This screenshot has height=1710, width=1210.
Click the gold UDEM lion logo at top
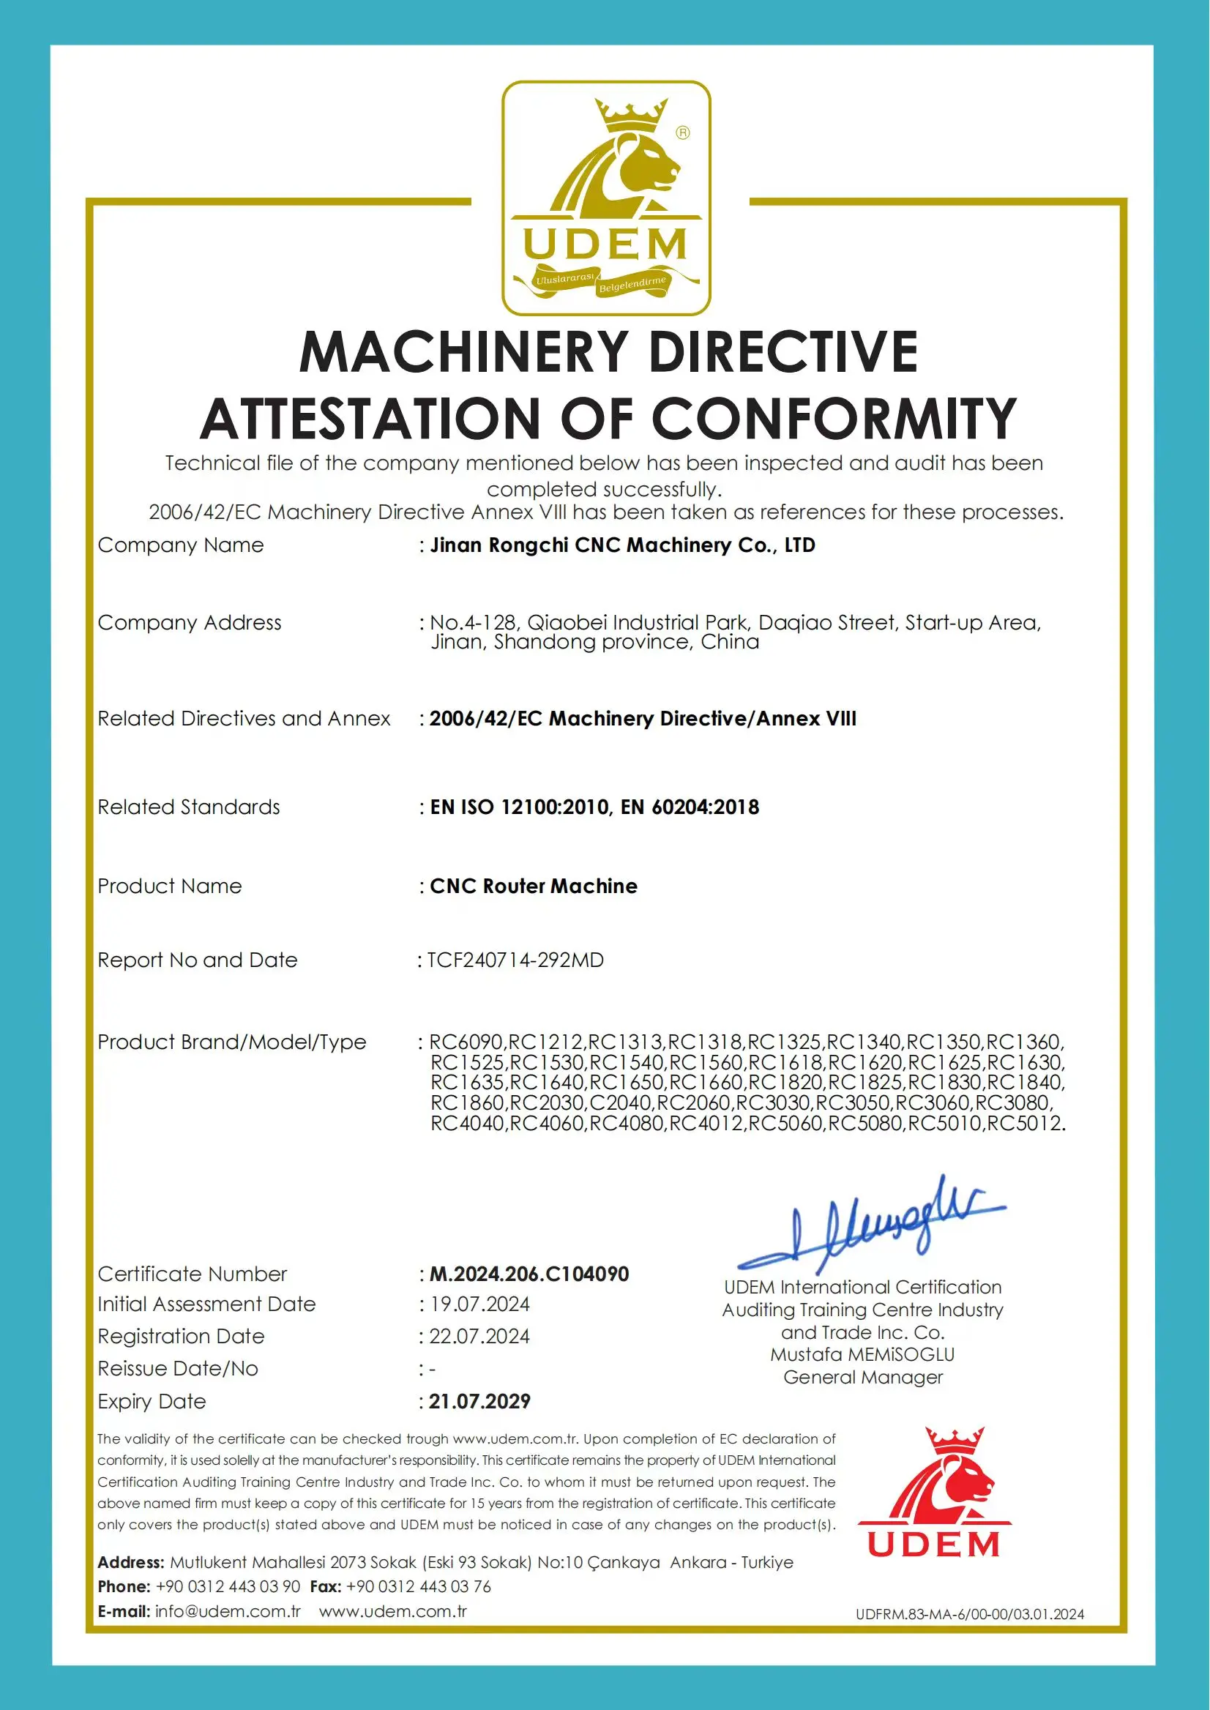pyautogui.click(x=606, y=198)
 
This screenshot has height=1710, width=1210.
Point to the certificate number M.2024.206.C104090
pyautogui.click(x=529, y=1274)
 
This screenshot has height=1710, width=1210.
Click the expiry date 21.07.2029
pyautogui.click(x=480, y=1402)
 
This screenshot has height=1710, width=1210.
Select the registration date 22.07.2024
pyautogui.click(x=479, y=1337)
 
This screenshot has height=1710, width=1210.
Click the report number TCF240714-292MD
pyautogui.click(x=515, y=960)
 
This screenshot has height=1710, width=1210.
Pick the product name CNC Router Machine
pyautogui.click(x=534, y=886)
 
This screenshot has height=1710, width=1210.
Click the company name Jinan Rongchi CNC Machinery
pyautogui.click(x=622, y=545)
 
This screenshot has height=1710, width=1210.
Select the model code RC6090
pyautogui.click(x=467, y=1042)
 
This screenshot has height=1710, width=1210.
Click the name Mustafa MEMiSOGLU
pyautogui.click(x=863, y=1354)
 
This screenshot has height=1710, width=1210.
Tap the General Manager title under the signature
pyautogui.click(x=863, y=1378)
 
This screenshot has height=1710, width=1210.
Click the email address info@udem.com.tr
pyautogui.click(x=227, y=1612)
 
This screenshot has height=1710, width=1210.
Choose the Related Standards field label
pyautogui.click(x=189, y=807)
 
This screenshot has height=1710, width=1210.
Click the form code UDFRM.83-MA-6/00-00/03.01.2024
pyautogui.click(x=969, y=1615)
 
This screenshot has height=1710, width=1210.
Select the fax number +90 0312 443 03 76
pyautogui.click(x=419, y=1587)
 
